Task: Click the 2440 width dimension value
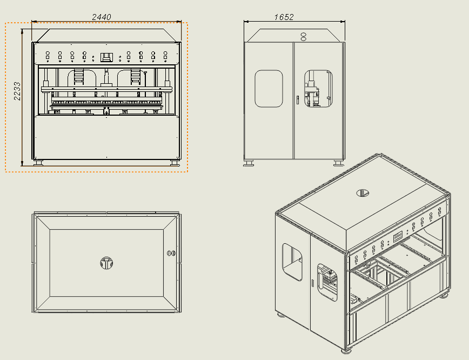[102, 17]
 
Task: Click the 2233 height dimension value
[17, 91]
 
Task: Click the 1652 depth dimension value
[284, 17]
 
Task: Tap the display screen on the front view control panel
[106, 57]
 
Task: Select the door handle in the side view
[298, 100]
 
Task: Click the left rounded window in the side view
[269, 89]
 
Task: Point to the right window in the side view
[318, 89]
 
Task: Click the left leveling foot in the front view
[38, 163]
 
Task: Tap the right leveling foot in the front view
[175, 163]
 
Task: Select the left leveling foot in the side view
[249, 163]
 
